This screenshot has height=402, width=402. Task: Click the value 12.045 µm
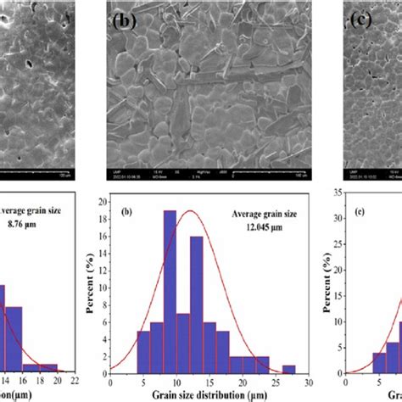[255, 227]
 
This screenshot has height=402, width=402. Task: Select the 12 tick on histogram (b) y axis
[113, 271]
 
